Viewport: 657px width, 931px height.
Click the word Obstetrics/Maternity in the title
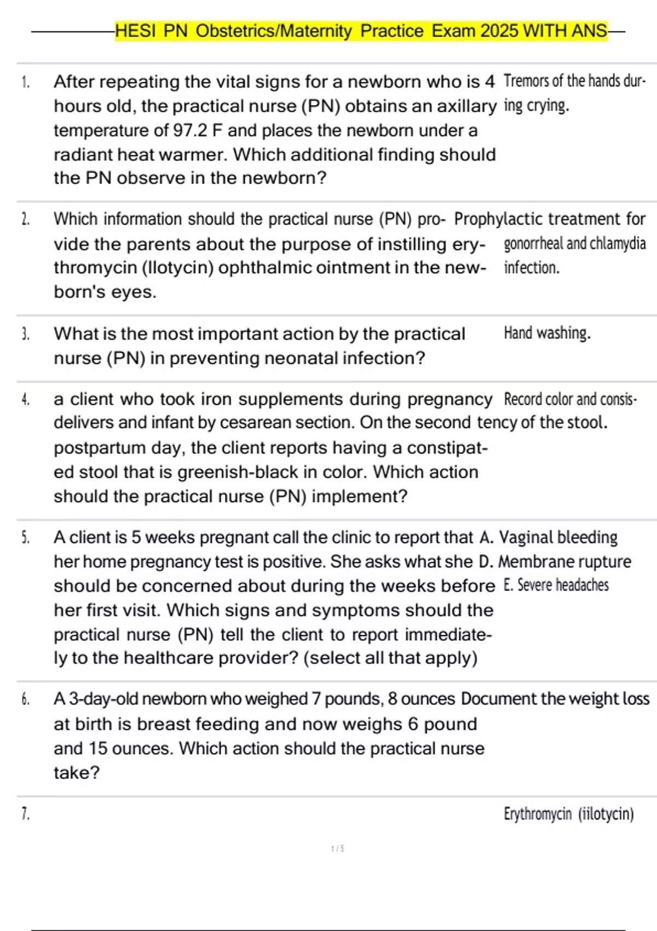(x=274, y=31)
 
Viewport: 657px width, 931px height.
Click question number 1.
(x=25, y=83)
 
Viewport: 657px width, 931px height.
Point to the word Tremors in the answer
(x=526, y=81)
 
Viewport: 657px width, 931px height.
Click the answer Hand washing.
(x=547, y=333)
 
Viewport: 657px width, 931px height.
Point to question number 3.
(x=25, y=334)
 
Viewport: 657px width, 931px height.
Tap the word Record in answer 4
(x=523, y=399)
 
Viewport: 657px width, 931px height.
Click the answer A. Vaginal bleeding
(x=549, y=537)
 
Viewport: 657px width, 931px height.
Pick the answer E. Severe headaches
(x=556, y=585)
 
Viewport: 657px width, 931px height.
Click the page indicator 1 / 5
(x=337, y=849)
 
